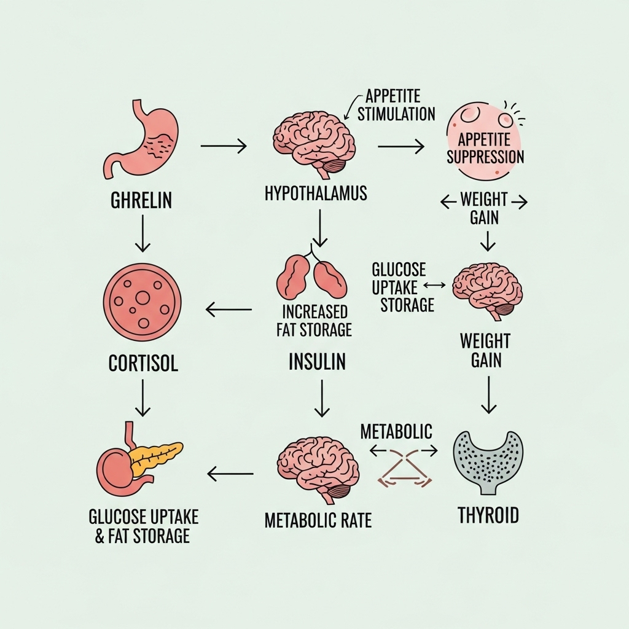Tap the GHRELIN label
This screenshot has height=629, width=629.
tap(141, 200)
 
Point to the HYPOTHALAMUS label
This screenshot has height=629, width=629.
tap(316, 193)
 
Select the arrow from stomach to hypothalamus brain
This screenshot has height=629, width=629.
tap(224, 146)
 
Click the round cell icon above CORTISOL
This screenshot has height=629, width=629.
tap(143, 301)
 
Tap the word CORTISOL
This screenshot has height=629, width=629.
tap(143, 363)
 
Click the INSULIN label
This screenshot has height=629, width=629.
tap(317, 362)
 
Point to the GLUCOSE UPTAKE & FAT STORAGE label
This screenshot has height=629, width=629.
tap(143, 526)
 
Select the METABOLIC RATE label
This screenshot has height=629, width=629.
tap(318, 521)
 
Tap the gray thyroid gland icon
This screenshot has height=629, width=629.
tap(487, 462)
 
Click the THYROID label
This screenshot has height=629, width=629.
tap(488, 515)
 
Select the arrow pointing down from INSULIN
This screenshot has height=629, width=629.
tap(319, 398)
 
